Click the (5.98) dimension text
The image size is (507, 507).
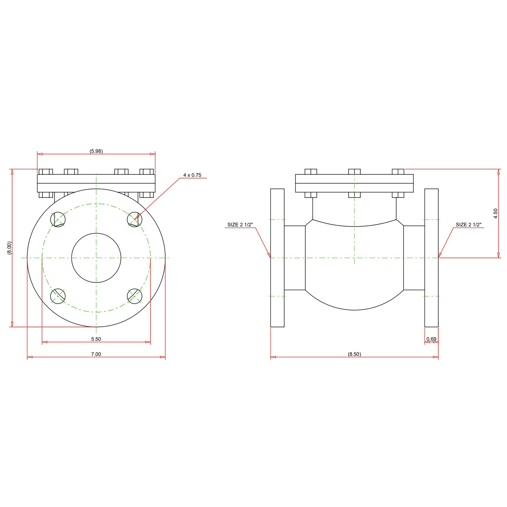pos(96,151)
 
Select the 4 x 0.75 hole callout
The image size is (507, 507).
pos(192,175)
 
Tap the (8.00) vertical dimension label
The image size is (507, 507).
pos(9,248)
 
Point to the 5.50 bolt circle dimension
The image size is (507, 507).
pos(96,339)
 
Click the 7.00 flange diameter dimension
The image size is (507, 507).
pos(96,354)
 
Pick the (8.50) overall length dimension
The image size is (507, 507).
pos(354,354)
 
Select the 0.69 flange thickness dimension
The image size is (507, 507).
pos(431,339)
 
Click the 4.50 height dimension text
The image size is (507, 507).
pos(495,213)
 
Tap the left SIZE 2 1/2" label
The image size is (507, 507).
pos(240,225)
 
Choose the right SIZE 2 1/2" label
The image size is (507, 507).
pos(468,225)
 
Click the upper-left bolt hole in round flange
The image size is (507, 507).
pos(58,219)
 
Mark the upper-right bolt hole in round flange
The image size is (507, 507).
pos(134,219)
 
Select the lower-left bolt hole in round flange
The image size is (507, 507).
pos(58,296)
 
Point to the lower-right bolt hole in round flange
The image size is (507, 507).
pos(134,296)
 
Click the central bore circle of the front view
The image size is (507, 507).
pos(96,258)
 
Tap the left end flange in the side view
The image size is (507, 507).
pos(277,258)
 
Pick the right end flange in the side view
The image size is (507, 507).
pos(432,258)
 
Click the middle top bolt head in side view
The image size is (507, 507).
pos(354,172)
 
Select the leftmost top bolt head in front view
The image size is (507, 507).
pos(46,172)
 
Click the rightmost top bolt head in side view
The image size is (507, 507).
pos(398,172)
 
